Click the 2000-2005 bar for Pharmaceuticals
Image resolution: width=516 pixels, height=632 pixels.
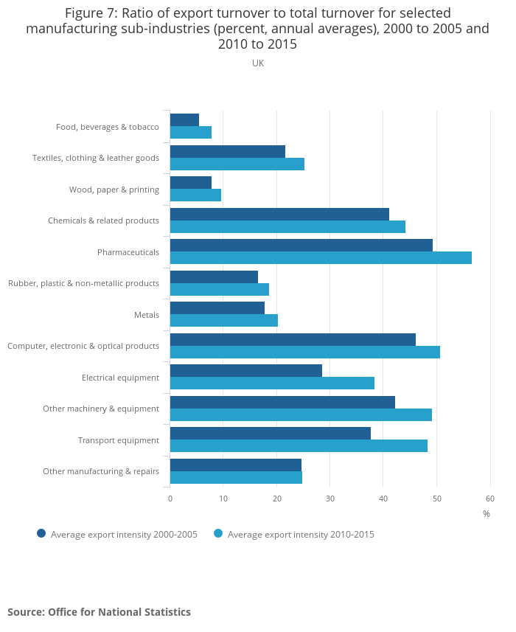[x=301, y=246]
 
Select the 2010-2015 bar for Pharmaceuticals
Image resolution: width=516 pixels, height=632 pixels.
[x=321, y=258]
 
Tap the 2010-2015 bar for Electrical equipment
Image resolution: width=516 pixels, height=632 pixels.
[x=272, y=383]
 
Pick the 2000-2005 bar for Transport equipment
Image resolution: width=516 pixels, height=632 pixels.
[x=270, y=434]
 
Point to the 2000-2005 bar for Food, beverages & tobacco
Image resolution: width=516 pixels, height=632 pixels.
[x=184, y=120]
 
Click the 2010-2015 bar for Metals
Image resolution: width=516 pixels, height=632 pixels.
[x=223, y=321]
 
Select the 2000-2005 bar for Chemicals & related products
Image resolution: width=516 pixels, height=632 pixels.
[x=279, y=215]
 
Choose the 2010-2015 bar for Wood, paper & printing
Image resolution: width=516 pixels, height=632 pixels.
[x=195, y=195]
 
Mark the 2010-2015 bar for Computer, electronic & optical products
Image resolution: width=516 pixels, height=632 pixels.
[x=304, y=352]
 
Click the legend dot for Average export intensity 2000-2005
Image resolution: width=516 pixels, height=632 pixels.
[x=41, y=534]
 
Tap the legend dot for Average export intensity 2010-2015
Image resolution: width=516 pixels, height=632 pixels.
[x=218, y=534]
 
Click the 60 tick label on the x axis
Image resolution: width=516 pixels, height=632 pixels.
[x=489, y=499]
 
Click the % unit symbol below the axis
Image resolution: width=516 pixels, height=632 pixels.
[x=486, y=514]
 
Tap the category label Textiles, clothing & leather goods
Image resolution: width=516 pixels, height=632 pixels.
[x=96, y=158]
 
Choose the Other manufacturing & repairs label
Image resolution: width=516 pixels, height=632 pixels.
[x=101, y=471]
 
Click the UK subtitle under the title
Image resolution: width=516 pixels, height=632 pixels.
[x=258, y=63]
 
